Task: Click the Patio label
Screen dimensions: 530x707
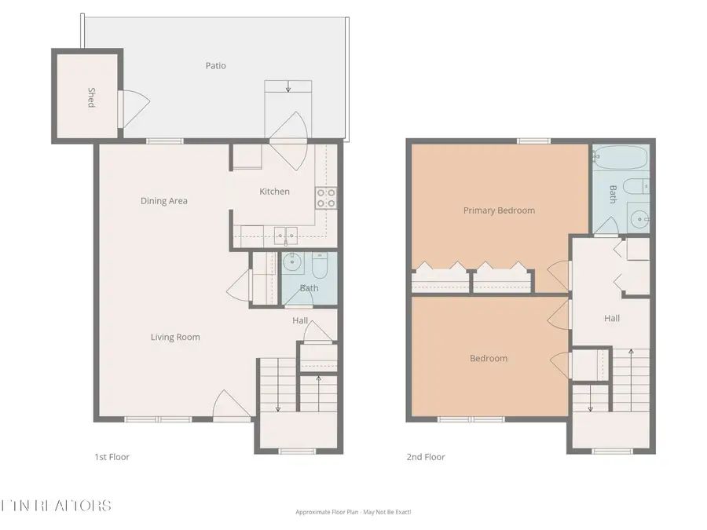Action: pos(215,66)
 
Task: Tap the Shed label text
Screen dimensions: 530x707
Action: pos(91,98)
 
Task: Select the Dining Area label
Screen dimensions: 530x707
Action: pos(164,201)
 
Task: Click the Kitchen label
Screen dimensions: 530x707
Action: pos(274,192)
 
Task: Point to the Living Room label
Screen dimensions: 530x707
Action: pos(175,338)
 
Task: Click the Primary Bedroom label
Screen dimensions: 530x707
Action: pos(499,210)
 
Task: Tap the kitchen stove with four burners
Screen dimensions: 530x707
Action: pos(325,198)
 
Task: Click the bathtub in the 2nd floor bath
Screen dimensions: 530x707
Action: pos(620,159)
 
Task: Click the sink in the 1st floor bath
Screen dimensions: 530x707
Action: pos(292,263)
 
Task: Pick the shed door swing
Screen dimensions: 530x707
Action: pos(133,108)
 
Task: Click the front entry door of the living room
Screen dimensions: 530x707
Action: pos(232,406)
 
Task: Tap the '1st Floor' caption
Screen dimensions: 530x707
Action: pos(111,457)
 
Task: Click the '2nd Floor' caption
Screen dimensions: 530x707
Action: pos(426,457)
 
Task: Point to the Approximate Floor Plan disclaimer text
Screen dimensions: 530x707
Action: pos(353,512)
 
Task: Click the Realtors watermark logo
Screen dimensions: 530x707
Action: pos(56,505)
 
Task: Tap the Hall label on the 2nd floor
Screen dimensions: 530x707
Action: pos(612,318)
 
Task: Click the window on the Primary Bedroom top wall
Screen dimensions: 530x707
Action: pos(533,141)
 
